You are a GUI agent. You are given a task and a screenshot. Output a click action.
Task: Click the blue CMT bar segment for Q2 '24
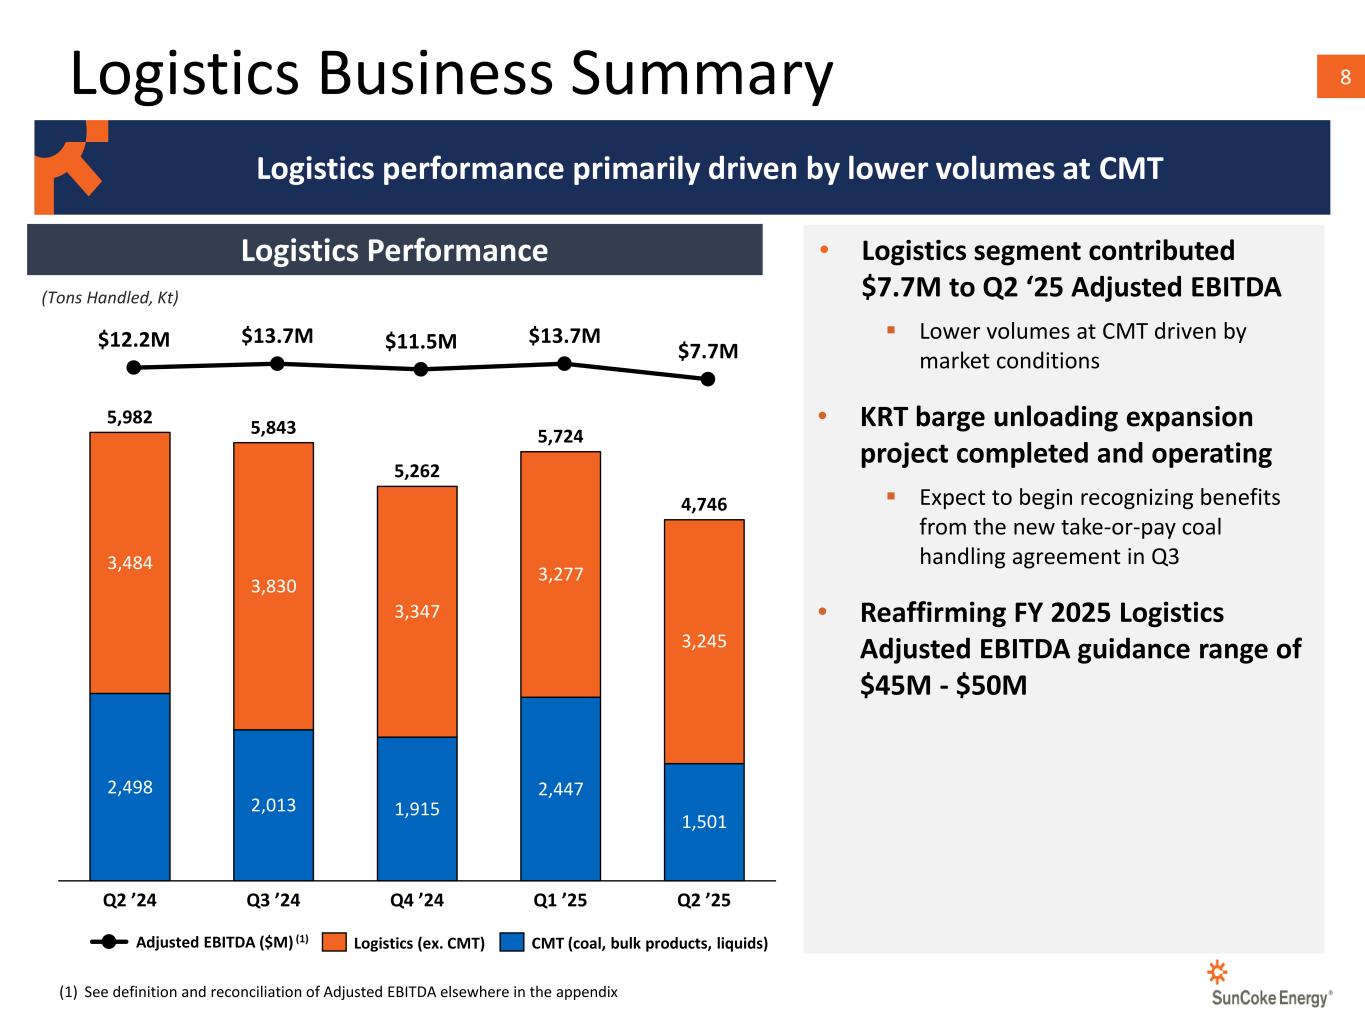click(130, 786)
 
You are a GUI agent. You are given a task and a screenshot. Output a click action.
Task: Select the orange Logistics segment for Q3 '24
click(273, 586)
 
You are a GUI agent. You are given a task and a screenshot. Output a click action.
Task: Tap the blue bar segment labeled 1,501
click(704, 821)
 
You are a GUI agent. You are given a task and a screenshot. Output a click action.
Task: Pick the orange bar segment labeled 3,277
click(560, 574)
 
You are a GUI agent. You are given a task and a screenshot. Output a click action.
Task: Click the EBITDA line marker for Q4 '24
click(421, 369)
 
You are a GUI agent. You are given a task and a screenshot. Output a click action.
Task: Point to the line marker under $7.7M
click(708, 379)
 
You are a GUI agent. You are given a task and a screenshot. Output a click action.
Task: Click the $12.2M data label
click(134, 340)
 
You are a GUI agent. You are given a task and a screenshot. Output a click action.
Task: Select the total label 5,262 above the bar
click(417, 471)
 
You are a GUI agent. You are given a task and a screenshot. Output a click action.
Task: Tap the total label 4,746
click(704, 504)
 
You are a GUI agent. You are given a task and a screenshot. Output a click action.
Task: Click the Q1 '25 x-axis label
click(560, 900)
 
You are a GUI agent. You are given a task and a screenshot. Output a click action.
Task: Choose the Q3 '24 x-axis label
click(273, 900)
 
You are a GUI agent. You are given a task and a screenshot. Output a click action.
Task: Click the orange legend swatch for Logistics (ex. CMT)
click(335, 943)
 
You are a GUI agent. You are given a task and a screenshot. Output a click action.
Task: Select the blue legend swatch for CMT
click(513, 943)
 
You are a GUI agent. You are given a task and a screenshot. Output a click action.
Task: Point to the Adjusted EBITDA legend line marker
click(109, 942)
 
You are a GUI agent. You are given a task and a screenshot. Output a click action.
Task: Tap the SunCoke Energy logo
click(1270, 984)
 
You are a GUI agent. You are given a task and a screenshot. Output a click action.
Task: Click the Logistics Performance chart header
click(394, 250)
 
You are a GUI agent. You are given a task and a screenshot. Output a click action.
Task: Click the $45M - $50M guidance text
click(943, 686)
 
